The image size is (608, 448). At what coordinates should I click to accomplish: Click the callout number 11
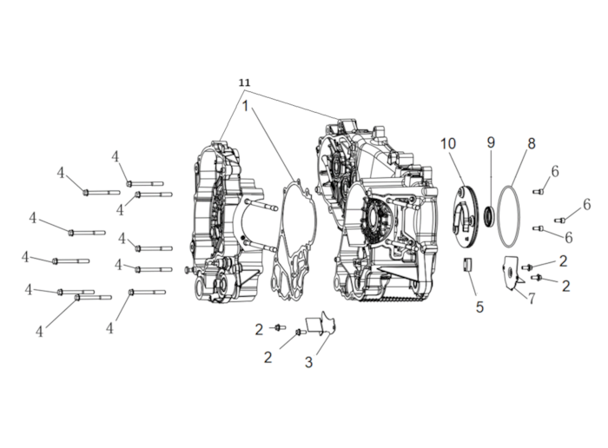click(244, 82)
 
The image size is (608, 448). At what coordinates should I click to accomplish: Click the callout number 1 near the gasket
click(245, 106)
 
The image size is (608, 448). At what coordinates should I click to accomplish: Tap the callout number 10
click(448, 144)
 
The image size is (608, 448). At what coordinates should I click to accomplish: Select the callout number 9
click(491, 142)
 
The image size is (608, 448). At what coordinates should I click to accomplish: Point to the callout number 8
click(532, 143)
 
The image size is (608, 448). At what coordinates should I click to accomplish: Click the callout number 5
click(479, 307)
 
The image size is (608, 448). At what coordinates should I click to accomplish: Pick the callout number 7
click(532, 299)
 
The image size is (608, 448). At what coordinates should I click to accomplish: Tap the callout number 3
click(308, 362)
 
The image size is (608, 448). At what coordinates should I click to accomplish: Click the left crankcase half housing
click(227, 221)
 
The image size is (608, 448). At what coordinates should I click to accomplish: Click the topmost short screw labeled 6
click(538, 191)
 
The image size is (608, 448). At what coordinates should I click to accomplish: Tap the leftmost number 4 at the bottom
click(40, 332)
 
